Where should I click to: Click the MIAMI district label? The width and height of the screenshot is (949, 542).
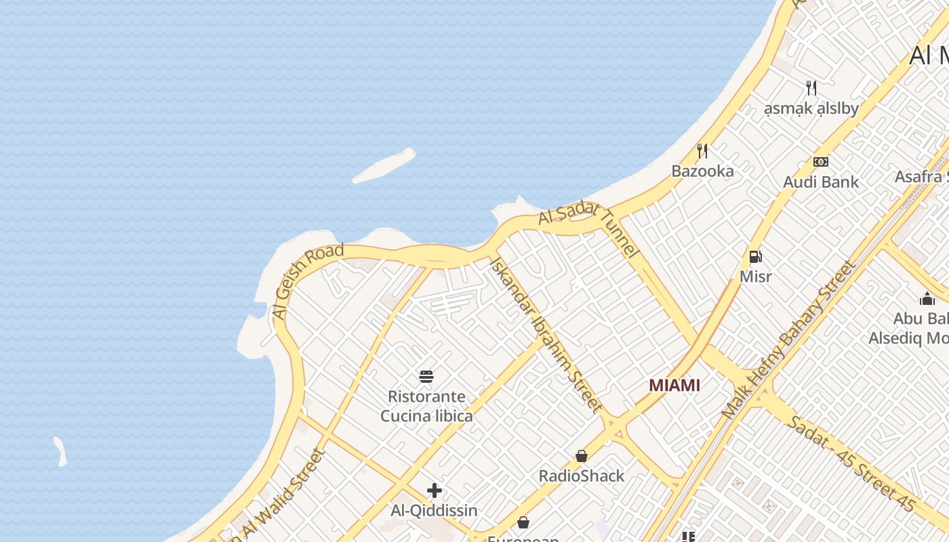674,385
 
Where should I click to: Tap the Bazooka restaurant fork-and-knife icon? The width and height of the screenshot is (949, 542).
702,150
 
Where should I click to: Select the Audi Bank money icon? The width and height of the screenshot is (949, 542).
821,162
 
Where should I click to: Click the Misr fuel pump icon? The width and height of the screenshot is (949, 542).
755,257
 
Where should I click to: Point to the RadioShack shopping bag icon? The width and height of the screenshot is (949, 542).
582,456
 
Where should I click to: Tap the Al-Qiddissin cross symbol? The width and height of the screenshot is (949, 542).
435,491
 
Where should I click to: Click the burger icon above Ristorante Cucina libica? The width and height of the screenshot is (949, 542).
426,377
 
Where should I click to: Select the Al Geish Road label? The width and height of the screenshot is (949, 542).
308,281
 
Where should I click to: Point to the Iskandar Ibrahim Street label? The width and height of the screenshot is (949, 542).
546,334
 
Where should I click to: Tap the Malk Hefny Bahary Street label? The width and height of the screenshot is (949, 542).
788,339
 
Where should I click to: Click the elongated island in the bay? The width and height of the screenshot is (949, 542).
384,165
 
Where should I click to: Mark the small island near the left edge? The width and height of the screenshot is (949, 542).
60,451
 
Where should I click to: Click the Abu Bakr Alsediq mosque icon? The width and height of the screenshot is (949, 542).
927,299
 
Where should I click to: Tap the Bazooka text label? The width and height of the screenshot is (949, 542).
702,171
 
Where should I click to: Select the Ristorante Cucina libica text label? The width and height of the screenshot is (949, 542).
426,406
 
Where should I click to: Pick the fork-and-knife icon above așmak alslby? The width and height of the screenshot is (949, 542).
811,87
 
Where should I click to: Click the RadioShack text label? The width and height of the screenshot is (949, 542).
582,476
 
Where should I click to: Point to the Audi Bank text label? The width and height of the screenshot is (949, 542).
821,182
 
